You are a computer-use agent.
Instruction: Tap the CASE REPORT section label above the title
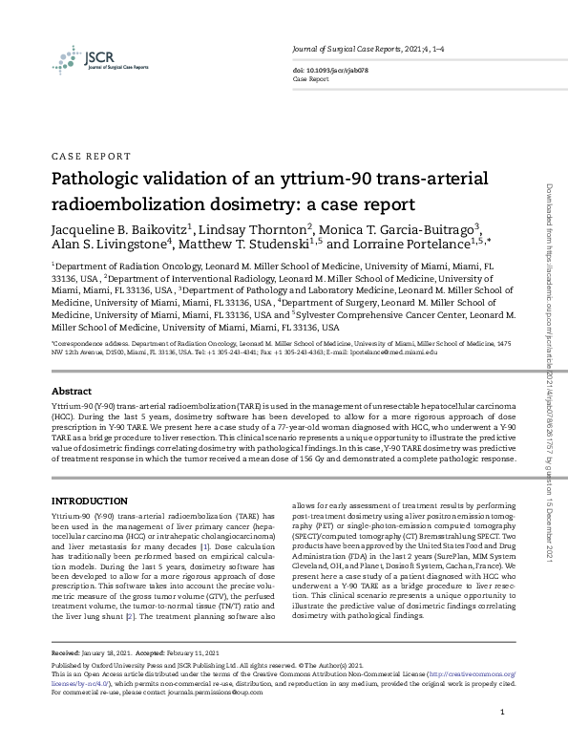point(90,156)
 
